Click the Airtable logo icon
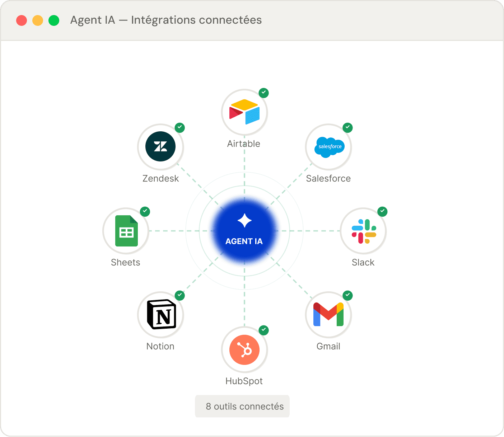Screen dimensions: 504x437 click(x=244, y=112)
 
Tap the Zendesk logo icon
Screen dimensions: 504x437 click(x=160, y=146)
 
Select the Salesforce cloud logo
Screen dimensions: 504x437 click(x=329, y=147)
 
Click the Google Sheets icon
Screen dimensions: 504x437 click(x=126, y=231)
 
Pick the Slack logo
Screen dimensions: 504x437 click(x=364, y=231)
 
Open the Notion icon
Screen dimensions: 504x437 click(x=162, y=314)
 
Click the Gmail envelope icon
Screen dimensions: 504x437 click(x=328, y=315)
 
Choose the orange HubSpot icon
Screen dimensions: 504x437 click(x=244, y=349)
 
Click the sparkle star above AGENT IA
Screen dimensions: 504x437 click(x=244, y=220)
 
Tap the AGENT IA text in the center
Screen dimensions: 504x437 click(x=244, y=241)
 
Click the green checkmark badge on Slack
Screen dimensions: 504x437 click(x=383, y=212)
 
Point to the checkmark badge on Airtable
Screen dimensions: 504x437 click(x=264, y=93)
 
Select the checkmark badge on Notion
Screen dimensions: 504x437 click(x=180, y=295)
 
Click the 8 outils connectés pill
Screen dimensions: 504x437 click(x=242, y=406)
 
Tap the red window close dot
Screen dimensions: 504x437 click(x=22, y=20)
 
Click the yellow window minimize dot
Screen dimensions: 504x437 click(x=38, y=20)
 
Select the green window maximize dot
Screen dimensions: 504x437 click(x=54, y=20)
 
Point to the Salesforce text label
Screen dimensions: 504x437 click(x=328, y=178)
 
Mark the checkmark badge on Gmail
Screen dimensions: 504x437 click(x=347, y=295)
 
